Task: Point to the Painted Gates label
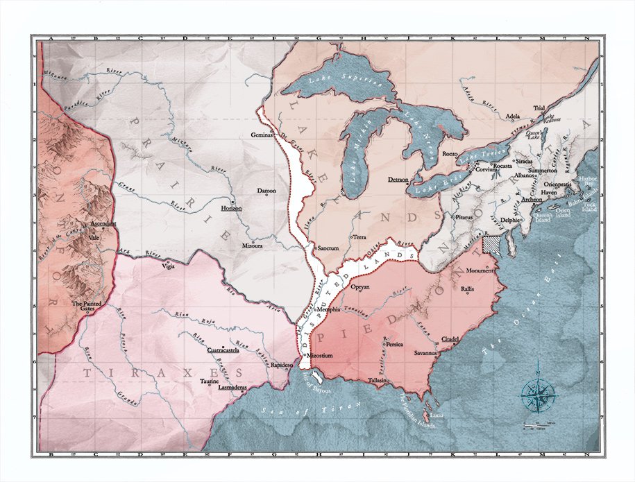pos(87,307)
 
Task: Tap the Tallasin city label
pos(378,381)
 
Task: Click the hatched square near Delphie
pos(492,243)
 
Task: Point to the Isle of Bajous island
pos(316,377)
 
